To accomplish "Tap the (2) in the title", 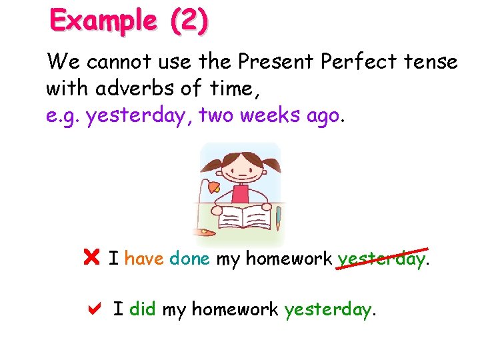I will tap(189, 21).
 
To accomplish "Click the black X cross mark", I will tap(92, 257).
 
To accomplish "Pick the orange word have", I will tap(144, 258).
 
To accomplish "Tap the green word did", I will tap(143, 309).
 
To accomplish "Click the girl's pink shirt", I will tap(241, 194).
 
